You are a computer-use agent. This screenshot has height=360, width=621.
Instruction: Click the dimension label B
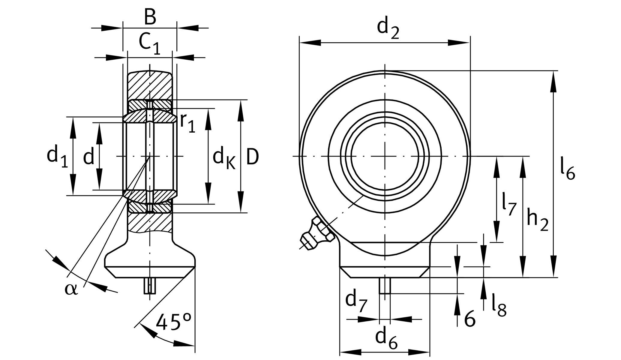point(150,17)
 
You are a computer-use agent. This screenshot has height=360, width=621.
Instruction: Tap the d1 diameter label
point(57,157)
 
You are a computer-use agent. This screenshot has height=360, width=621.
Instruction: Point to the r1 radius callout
point(187,122)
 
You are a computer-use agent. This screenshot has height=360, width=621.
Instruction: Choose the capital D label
point(252,157)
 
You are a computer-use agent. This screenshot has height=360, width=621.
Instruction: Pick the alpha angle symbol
point(71,289)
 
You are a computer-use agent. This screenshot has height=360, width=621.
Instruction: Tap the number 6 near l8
point(470,319)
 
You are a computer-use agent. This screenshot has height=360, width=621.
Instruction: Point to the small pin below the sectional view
point(150,286)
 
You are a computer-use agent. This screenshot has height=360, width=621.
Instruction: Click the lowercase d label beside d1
point(88,157)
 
